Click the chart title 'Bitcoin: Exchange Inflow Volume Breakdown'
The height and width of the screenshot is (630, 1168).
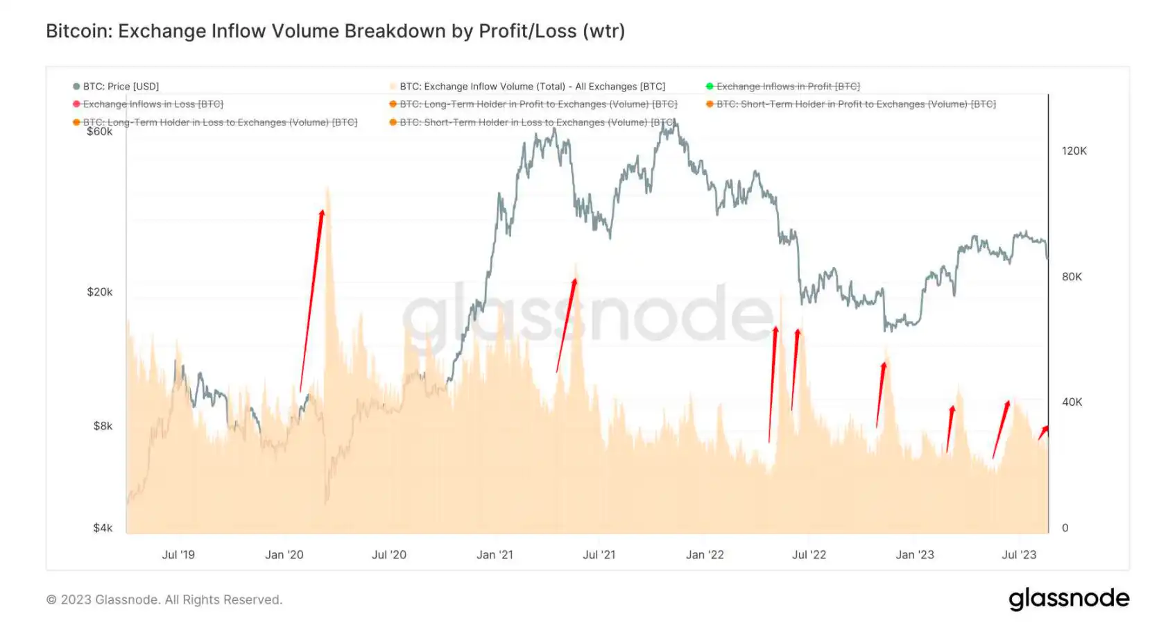point(335,31)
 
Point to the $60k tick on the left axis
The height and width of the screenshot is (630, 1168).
point(99,132)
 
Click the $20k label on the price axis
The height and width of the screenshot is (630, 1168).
point(99,292)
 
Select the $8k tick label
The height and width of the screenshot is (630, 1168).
point(103,426)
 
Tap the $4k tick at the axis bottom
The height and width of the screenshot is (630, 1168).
point(103,528)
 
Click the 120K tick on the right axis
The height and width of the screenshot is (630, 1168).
point(1074,151)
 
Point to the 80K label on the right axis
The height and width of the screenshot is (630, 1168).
point(1072,277)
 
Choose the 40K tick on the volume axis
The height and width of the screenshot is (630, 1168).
point(1072,402)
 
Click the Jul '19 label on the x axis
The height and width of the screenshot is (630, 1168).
point(178,555)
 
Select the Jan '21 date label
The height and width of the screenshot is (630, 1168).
point(495,555)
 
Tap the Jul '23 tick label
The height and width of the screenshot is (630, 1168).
point(1019,555)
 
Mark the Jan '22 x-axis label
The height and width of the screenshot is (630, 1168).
point(705,555)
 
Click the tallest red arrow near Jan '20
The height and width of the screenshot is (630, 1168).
point(311,298)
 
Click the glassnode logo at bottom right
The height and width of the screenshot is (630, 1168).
point(1068,599)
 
